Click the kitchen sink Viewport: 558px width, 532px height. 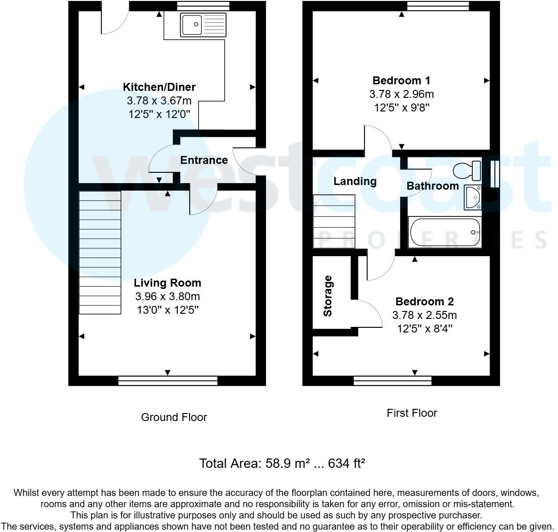click(203, 24)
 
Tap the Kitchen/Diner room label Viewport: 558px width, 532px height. click(159, 87)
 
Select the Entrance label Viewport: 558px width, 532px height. click(204, 160)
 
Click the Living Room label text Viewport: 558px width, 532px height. click(168, 283)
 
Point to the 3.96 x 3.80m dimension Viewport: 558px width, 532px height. click(168, 296)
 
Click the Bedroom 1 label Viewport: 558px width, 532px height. click(401, 81)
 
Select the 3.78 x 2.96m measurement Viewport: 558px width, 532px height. click(401, 94)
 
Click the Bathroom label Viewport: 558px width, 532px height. click(433, 186)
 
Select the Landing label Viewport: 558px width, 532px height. click(355, 181)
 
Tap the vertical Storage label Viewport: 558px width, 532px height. click(328, 296)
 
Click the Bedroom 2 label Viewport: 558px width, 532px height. click(425, 302)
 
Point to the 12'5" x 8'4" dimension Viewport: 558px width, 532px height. click(425, 329)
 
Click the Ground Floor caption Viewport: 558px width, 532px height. click(174, 417)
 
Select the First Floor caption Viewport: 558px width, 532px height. click(411, 413)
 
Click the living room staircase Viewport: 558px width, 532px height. click(100, 252)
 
